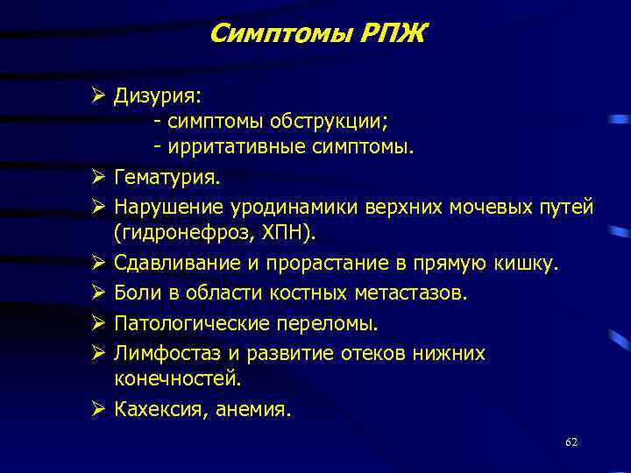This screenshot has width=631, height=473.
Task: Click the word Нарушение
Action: tap(169, 206)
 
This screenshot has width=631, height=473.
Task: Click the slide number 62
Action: tap(571, 442)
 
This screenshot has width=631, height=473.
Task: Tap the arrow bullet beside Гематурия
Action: tap(97, 178)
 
